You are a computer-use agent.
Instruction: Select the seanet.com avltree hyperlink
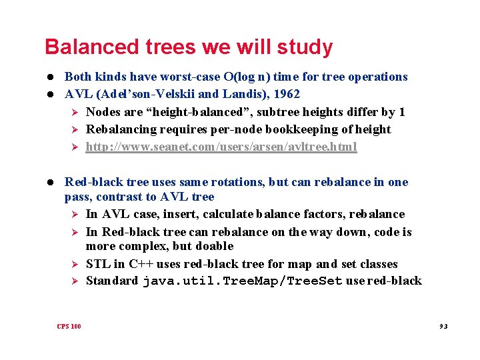[x=221, y=147]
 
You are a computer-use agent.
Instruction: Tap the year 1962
[x=285, y=94]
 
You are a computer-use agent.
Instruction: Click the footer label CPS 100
[x=69, y=326]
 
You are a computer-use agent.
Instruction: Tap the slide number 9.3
[x=443, y=326]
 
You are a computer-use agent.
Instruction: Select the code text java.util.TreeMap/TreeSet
[x=243, y=281]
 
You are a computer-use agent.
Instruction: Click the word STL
[x=98, y=264]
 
